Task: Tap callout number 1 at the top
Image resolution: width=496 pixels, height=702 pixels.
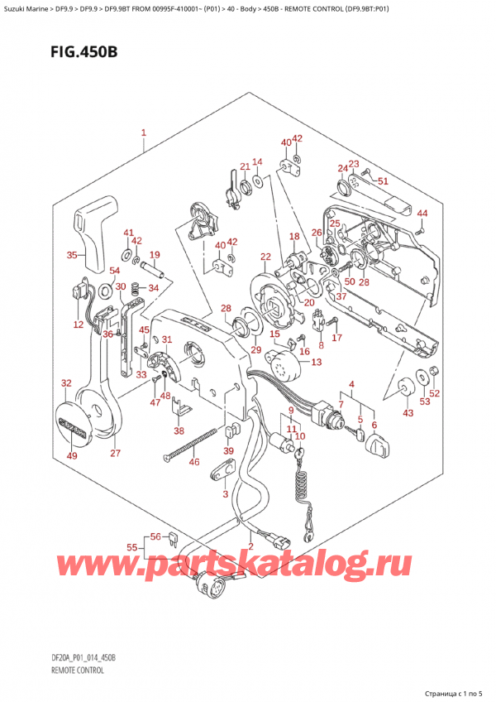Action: click(x=143, y=132)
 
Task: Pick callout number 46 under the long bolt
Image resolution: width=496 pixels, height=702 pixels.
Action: click(x=193, y=463)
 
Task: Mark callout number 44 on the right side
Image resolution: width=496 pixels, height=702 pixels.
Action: click(x=422, y=214)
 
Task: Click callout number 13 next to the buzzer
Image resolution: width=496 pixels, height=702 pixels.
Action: click(x=317, y=363)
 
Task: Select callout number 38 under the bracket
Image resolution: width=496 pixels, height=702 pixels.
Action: click(x=179, y=430)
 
